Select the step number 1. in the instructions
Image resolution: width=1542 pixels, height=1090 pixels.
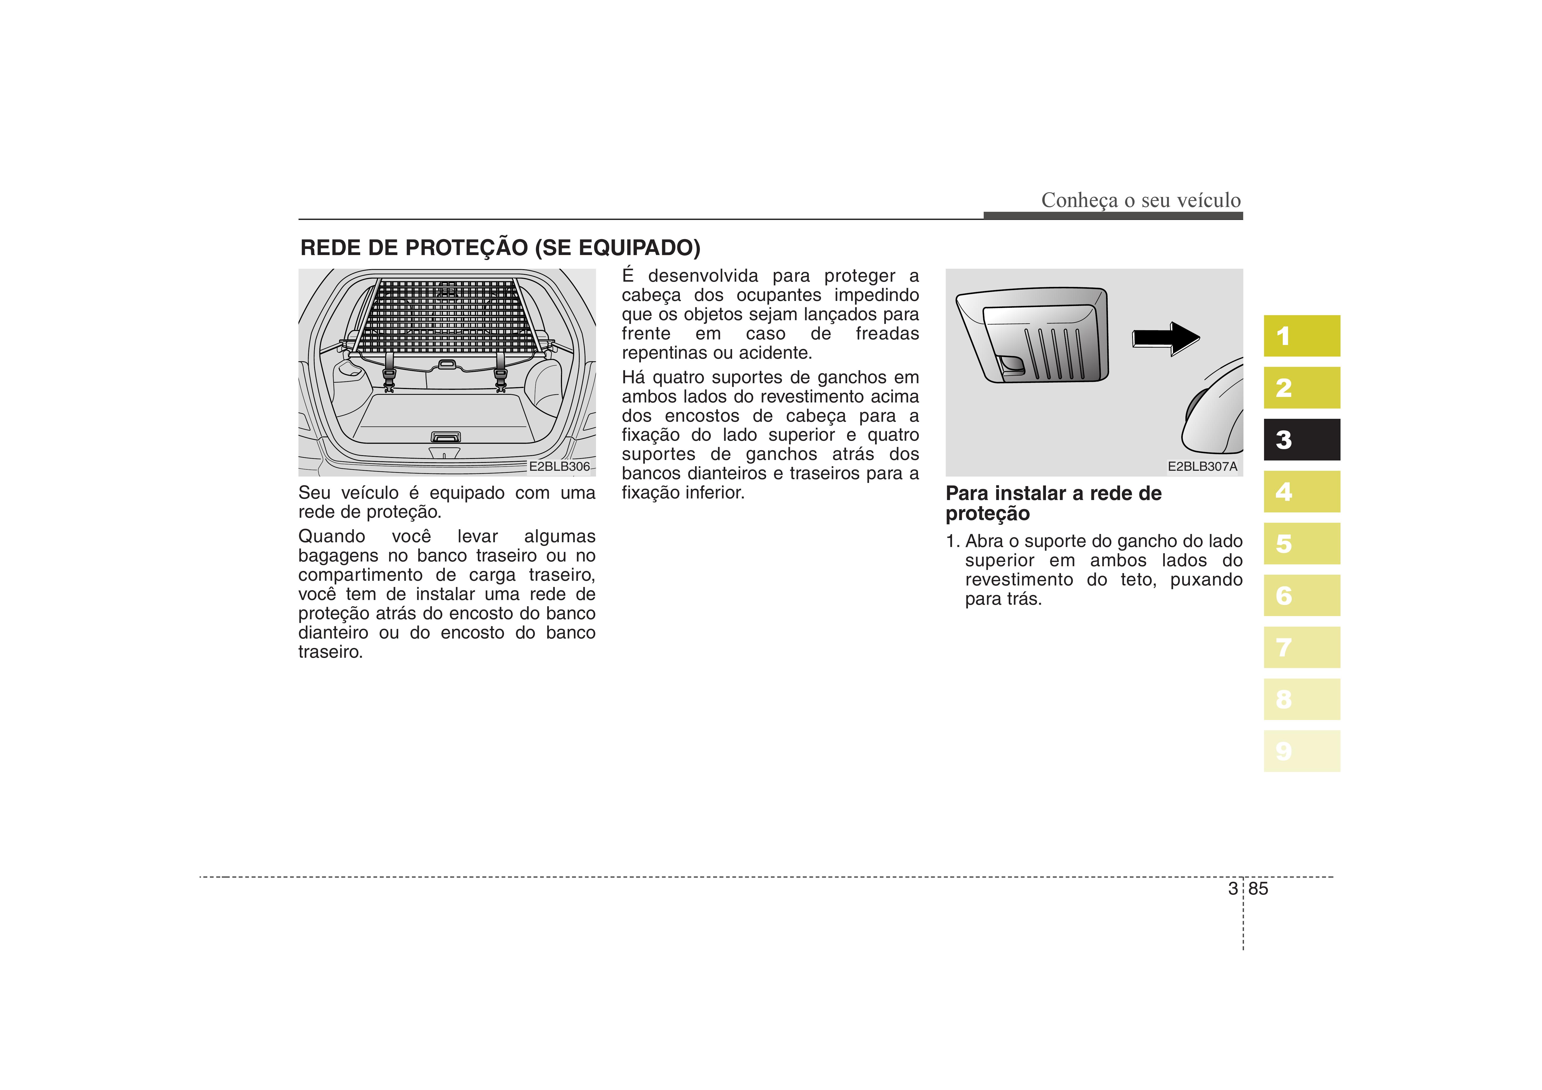coord(952,541)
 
